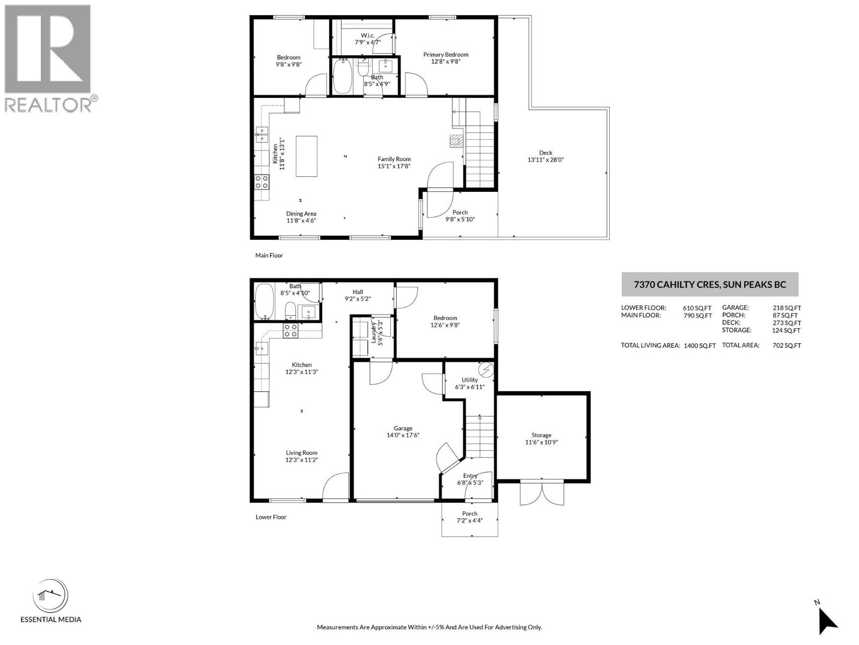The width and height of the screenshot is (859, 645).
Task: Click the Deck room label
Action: click(545, 153)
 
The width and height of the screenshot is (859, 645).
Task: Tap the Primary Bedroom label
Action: click(446, 54)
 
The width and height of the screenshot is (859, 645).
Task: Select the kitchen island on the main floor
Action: click(307, 156)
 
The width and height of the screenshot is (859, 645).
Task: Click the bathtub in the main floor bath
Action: click(342, 77)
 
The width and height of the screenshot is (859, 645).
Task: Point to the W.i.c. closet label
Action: click(368, 35)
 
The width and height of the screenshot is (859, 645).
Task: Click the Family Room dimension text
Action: click(394, 166)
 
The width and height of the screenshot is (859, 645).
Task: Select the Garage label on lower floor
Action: click(403, 428)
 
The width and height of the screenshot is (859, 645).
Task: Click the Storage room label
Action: click(541, 435)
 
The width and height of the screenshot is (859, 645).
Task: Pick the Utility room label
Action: click(470, 379)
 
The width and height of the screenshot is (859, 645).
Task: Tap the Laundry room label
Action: click(373, 333)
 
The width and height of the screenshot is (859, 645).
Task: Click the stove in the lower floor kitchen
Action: click(290, 331)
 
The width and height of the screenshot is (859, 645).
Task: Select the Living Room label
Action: click(302, 453)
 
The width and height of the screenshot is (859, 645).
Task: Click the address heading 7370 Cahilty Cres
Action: click(709, 284)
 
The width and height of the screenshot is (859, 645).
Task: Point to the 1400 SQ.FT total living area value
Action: click(700, 346)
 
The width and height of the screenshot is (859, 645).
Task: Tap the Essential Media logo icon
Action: click(50, 596)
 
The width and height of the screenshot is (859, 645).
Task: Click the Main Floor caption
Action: click(269, 255)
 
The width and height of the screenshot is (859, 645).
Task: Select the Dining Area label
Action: click(301, 213)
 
